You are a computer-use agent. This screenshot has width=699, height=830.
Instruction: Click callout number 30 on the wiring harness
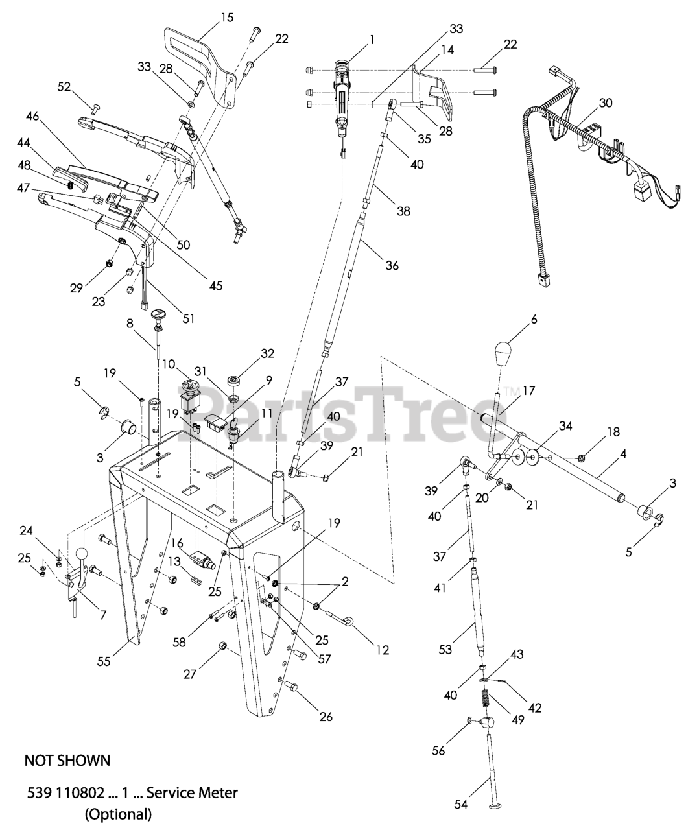coord(605,103)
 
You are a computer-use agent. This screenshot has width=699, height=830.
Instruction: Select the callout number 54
coord(461,804)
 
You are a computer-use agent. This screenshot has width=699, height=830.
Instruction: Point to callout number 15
coord(226,18)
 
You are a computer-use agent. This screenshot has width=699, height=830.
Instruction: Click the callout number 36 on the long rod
coord(391,265)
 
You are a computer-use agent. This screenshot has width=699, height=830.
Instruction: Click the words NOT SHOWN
coord(67,760)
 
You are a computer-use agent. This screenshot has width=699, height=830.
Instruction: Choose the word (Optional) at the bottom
coord(118,814)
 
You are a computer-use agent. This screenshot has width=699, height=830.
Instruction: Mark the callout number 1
coord(372,40)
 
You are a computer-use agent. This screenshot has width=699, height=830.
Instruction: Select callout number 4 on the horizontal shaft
coord(622,455)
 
